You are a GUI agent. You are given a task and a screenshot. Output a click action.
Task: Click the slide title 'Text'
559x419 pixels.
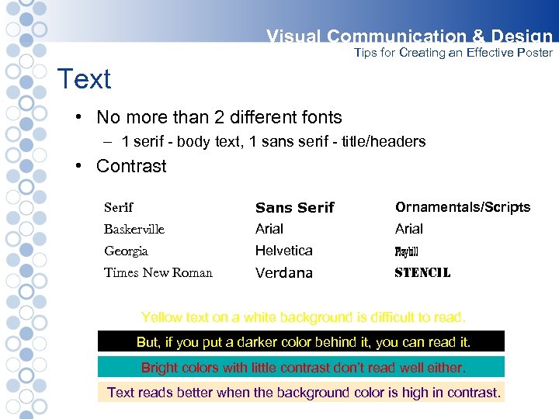coord(85,79)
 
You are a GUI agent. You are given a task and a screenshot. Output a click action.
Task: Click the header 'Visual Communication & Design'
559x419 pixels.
coord(409,36)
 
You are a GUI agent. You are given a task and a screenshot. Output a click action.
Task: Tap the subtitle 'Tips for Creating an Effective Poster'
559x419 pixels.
coord(453,53)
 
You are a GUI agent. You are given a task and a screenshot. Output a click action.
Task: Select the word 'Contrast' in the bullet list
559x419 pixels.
coord(131,166)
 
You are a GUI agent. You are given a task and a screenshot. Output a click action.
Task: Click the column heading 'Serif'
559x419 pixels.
coord(119,207)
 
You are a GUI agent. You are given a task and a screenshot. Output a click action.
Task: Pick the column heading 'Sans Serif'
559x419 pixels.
coord(294,207)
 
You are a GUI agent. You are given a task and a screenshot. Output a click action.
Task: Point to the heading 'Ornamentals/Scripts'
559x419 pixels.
coord(463,207)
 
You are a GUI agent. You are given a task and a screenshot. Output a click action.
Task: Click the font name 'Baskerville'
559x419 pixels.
coord(134,229)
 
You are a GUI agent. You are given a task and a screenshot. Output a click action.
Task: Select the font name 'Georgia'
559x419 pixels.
coord(126,251)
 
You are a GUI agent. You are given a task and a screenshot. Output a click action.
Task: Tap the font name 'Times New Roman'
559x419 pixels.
coord(158,272)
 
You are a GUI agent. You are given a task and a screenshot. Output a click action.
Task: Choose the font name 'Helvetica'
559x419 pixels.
coord(283,251)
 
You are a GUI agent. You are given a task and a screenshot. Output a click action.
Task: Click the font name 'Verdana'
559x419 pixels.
coord(283,272)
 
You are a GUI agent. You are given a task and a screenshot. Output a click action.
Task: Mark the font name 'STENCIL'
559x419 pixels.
coord(422,272)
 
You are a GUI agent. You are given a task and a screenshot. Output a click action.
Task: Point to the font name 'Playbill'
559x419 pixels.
coord(406,251)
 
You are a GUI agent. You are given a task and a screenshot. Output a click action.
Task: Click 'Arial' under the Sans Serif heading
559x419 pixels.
coord(269,229)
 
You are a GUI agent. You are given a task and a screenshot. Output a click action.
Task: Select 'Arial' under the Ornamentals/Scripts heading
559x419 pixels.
coord(409,229)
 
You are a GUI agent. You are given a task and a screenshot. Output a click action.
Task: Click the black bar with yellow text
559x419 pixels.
coord(301,341)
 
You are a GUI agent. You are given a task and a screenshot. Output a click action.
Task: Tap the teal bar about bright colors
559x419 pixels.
coord(301,367)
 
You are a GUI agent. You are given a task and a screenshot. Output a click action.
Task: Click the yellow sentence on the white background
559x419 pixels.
coord(304,317)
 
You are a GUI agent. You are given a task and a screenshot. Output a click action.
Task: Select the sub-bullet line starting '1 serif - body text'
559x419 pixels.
coord(273,142)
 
